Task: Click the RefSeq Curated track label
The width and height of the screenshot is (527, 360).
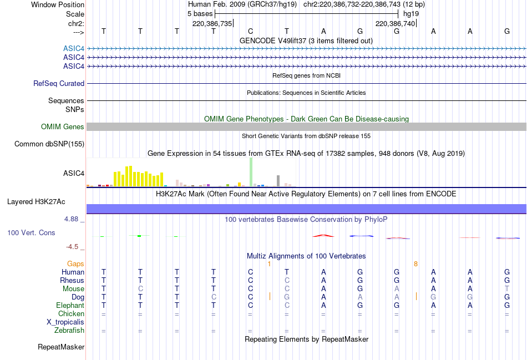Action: pos(59,84)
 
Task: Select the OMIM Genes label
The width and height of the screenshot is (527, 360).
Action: pos(63,127)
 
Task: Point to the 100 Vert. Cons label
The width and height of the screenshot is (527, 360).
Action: pos(31,233)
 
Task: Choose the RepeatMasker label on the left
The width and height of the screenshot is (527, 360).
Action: pos(61,347)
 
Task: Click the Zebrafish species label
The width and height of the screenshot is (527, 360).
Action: pos(69,331)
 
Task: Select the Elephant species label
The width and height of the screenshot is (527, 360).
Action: pos(70,306)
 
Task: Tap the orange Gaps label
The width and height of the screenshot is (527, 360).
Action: pos(75,264)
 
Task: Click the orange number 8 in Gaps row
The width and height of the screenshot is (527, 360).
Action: pos(415,264)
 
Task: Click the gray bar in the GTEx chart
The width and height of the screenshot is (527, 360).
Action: pos(278,181)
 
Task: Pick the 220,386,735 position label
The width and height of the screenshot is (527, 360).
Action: pos(212,24)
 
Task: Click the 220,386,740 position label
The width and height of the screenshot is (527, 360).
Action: pos(395,24)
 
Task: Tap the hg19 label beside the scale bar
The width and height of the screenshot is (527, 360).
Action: pos(411,13)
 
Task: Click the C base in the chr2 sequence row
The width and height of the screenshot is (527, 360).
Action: pos(250,32)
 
